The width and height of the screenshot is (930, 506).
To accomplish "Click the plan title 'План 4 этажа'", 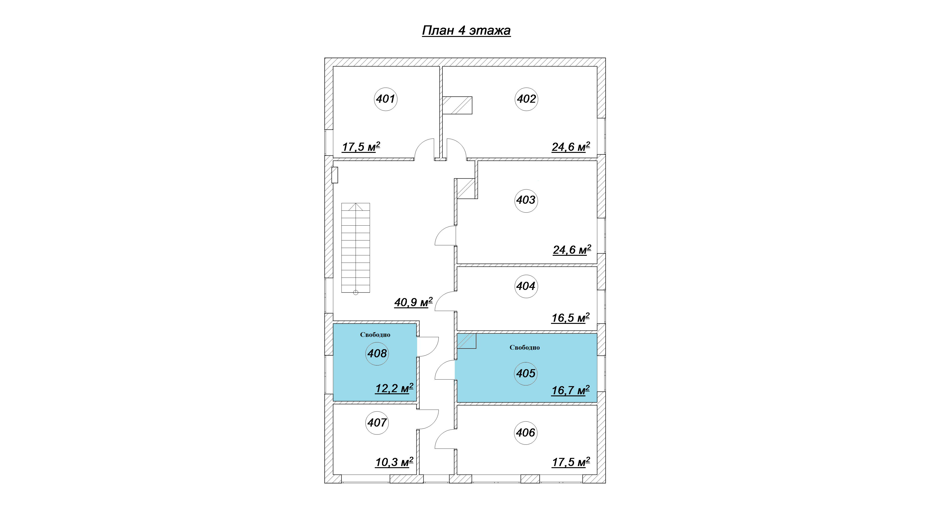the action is coord(466,30).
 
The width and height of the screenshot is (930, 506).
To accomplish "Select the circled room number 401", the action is coord(385,99).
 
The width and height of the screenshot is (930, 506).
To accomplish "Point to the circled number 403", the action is coord(526,200).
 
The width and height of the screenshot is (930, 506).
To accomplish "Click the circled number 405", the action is coord(526,374).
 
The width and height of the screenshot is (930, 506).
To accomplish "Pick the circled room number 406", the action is coord(526,433).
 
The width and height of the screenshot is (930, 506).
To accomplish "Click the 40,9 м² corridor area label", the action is coord(413,302).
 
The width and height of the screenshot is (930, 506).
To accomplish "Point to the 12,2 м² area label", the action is coord(394,388).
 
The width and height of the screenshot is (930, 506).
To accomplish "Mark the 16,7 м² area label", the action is coord(570,390).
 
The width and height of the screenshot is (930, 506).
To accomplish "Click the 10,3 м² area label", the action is coord(394,462).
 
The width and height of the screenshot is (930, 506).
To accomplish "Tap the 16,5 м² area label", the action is coord(570,318).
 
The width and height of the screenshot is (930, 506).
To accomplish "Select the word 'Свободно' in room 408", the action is coord(375,335).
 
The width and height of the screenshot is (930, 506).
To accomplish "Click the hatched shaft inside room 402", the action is coord(457,105).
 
